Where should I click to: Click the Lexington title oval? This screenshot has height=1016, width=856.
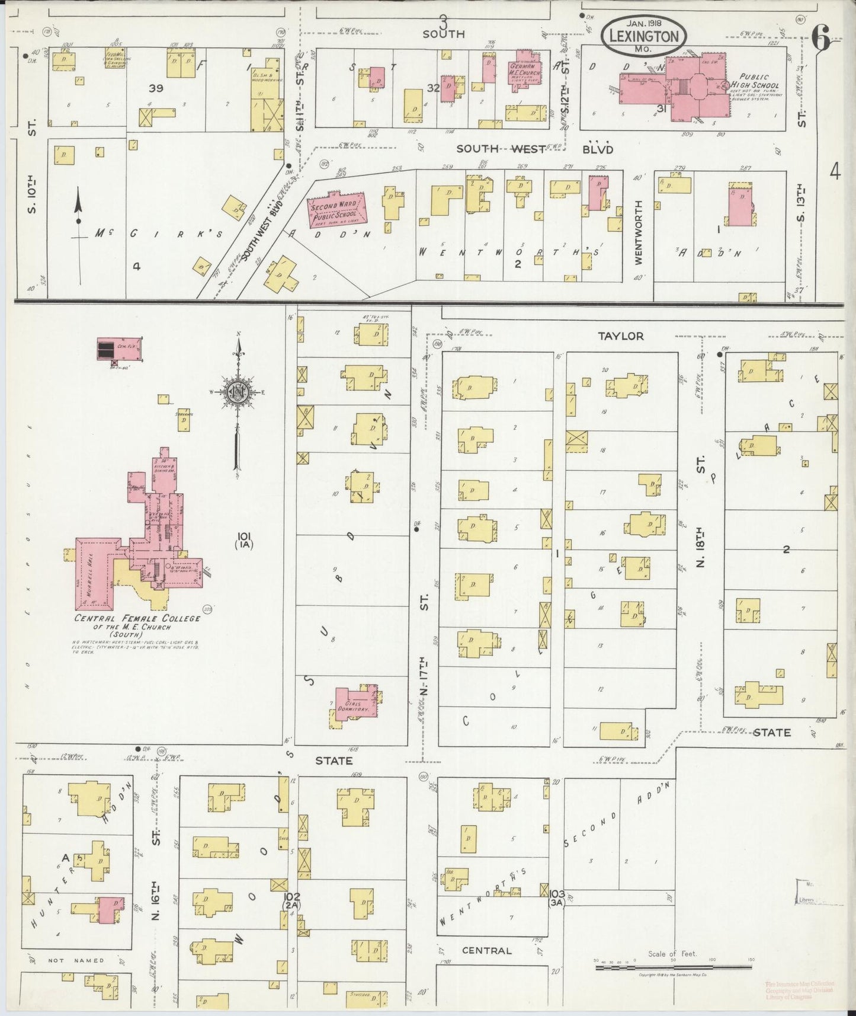(644, 36)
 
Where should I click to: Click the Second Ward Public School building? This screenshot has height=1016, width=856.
(336, 210)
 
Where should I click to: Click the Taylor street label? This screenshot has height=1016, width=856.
(620, 336)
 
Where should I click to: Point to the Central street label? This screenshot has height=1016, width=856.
(486, 950)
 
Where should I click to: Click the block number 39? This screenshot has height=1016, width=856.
(156, 88)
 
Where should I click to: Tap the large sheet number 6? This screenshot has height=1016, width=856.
(821, 39)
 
